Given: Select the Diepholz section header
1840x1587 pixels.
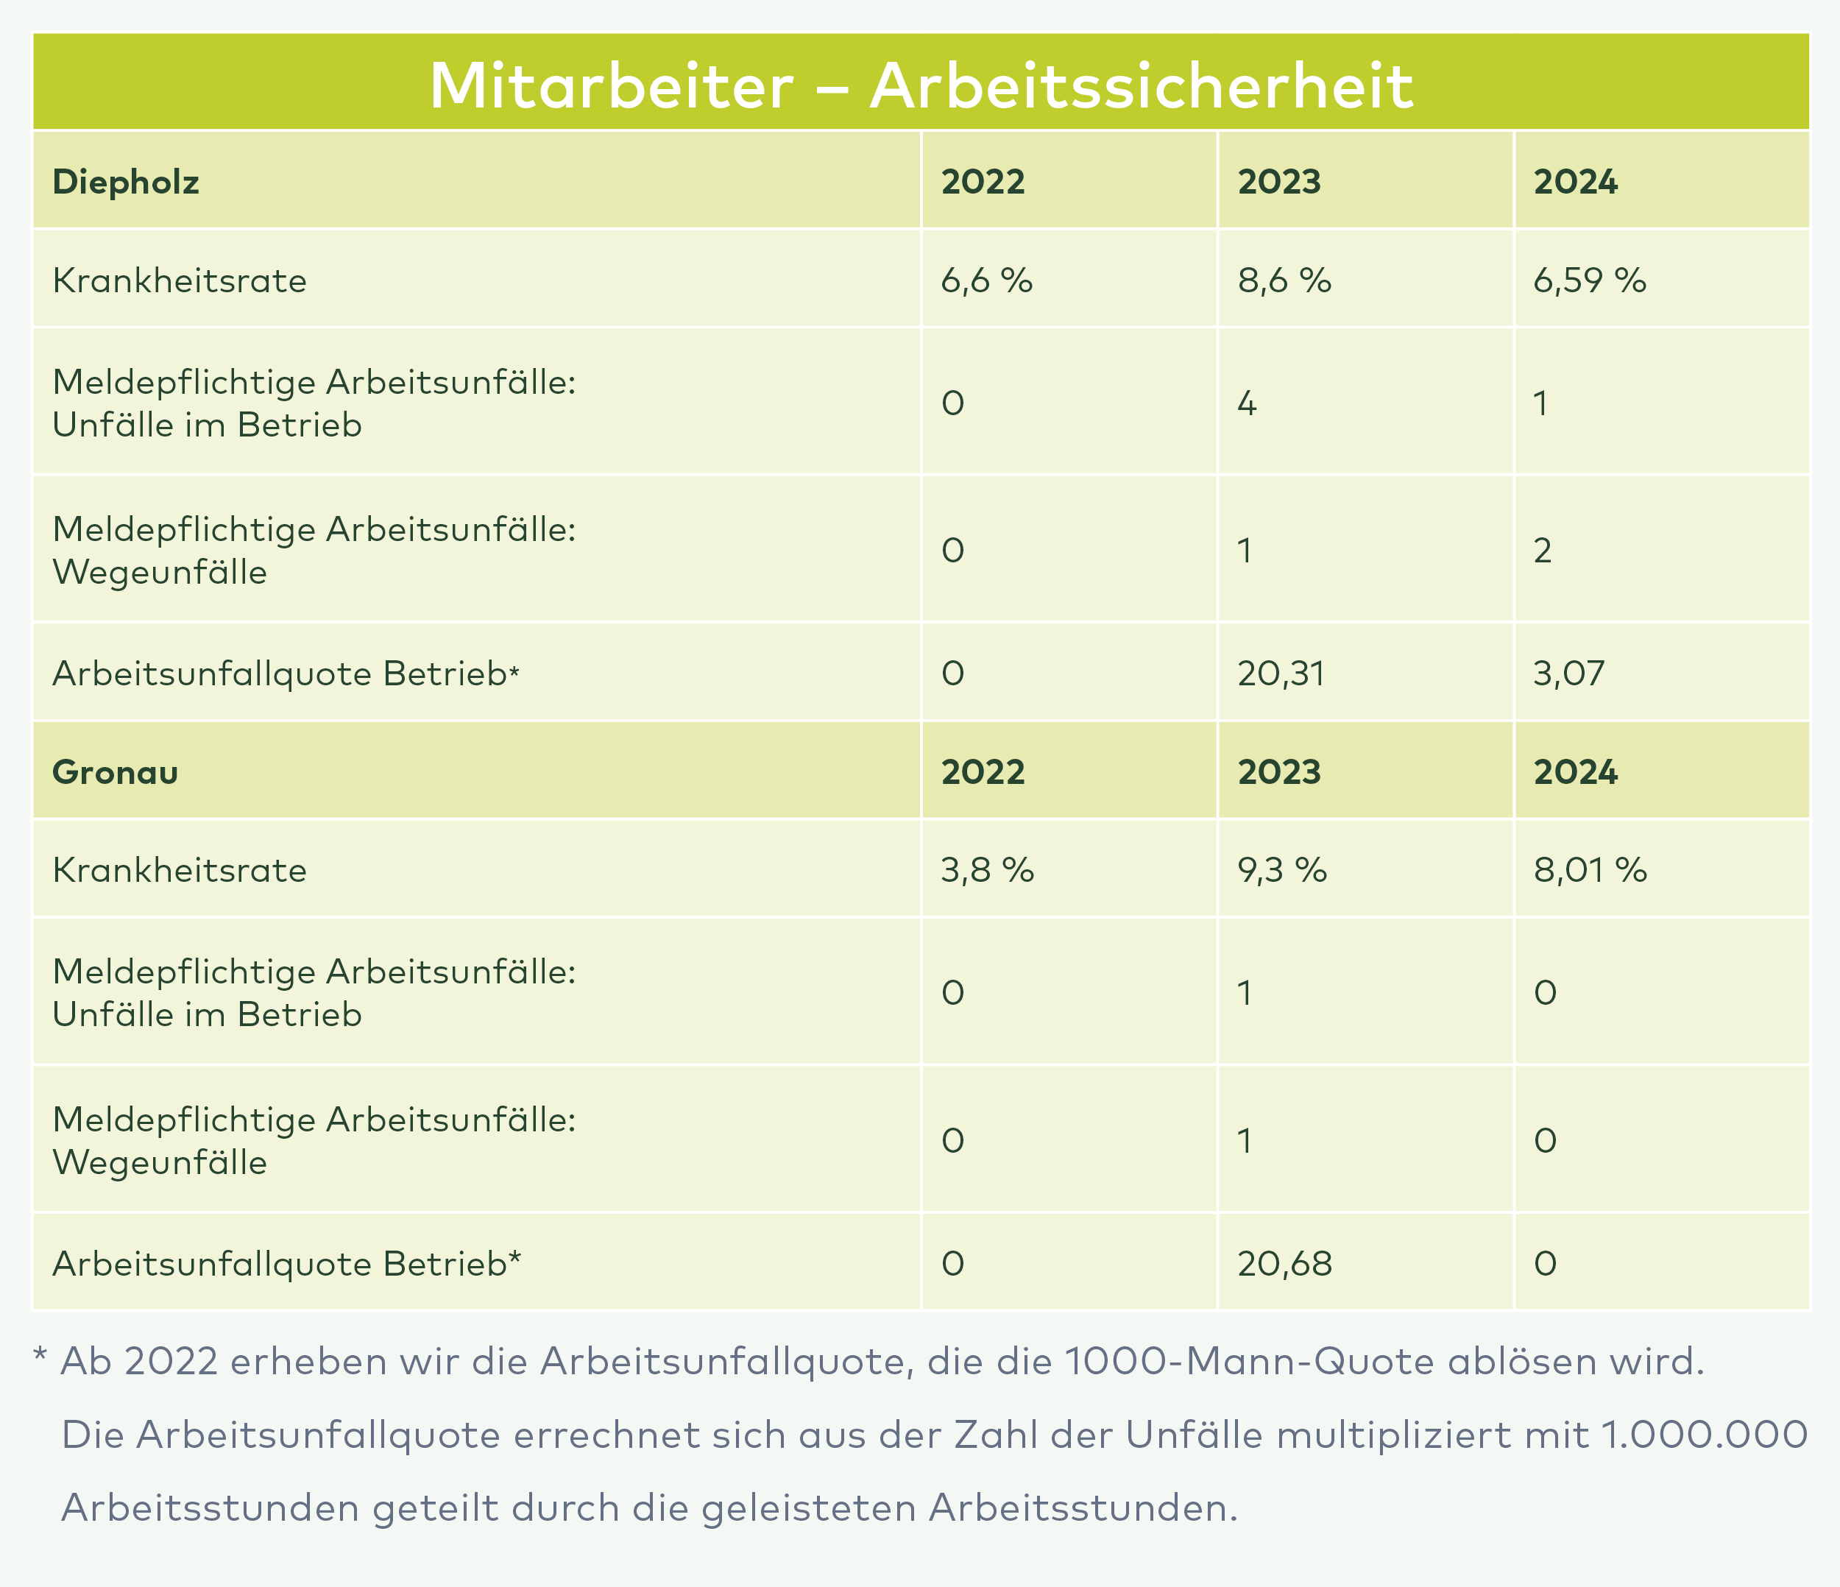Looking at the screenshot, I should (125, 182).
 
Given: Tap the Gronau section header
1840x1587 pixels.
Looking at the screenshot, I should (116, 771).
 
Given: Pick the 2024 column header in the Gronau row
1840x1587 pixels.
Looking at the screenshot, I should (1575, 771).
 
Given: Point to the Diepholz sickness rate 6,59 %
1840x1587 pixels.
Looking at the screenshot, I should (1590, 280).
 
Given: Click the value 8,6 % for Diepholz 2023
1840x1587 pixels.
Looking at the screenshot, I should (1284, 280).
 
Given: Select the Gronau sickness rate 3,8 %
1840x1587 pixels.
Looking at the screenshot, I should (986, 869).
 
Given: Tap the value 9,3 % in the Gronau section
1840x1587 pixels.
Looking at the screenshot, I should (1281, 869).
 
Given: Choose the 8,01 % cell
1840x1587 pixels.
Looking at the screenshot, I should (1590, 869).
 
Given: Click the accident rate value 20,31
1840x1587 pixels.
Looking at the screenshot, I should (1281, 674).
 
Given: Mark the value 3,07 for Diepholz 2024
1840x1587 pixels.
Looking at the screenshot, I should (1569, 674).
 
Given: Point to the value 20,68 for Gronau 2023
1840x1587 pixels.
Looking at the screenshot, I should (1284, 1263).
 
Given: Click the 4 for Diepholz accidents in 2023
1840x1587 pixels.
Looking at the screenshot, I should (1247, 404).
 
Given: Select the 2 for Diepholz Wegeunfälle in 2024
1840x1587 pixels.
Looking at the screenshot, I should (1543, 551).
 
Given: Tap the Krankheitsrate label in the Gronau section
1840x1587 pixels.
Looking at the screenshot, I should (180, 869).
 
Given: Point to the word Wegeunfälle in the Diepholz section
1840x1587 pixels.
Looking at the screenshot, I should (160, 573).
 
